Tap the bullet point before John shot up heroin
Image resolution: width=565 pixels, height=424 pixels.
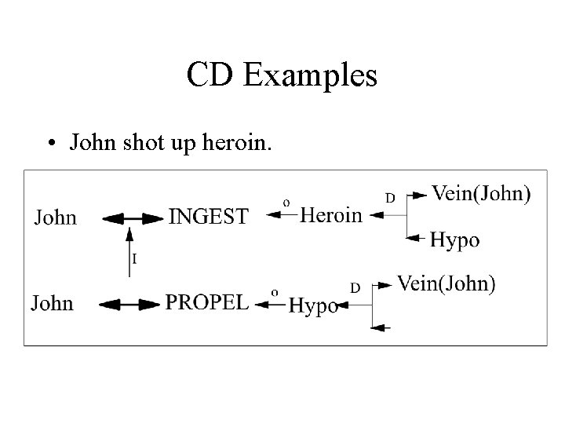[50, 144]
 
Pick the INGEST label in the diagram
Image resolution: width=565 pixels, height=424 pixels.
[208, 216]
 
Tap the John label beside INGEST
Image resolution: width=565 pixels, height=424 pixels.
[55, 216]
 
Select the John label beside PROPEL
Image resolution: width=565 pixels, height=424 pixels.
[53, 302]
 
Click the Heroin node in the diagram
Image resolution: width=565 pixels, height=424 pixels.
[331, 214]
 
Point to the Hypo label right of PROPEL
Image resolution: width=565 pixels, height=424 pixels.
[313, 305]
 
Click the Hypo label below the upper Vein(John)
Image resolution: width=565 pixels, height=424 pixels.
[455, 239]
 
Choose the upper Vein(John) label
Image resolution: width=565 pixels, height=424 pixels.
[481, 192]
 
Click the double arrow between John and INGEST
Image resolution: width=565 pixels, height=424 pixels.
[130, 217]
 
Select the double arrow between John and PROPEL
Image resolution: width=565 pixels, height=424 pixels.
[128, 303]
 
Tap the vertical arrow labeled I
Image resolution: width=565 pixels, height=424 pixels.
[130, 251]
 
